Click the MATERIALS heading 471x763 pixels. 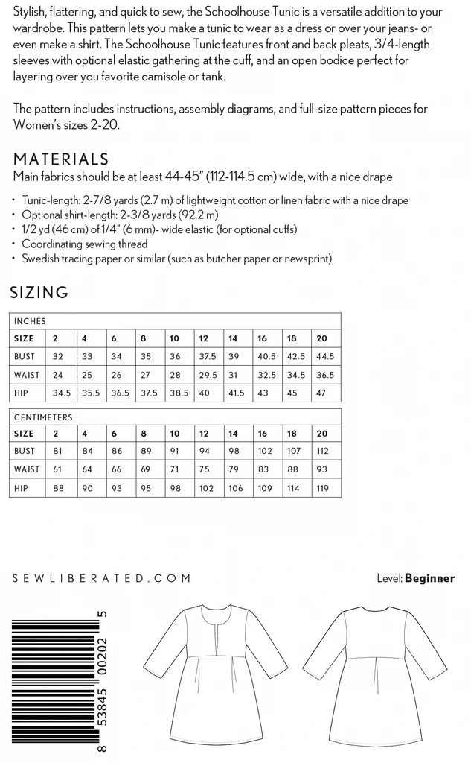(61, 159)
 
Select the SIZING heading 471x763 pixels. (39, 293)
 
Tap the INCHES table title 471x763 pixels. (31, 321)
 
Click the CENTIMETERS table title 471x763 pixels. (43, 417)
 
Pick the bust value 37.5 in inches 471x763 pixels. (205, 356)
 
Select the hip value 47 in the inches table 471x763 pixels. (321, 392)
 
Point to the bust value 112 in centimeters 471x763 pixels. (321, 452)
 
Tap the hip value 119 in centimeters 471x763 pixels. (321, 489)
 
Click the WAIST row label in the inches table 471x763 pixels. (27, 374)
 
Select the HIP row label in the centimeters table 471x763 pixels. (22, 489)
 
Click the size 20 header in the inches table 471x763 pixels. (321, 338)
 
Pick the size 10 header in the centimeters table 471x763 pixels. (174, 434)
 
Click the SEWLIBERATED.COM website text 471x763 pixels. (102, 577)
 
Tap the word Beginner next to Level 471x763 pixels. (429, 578)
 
